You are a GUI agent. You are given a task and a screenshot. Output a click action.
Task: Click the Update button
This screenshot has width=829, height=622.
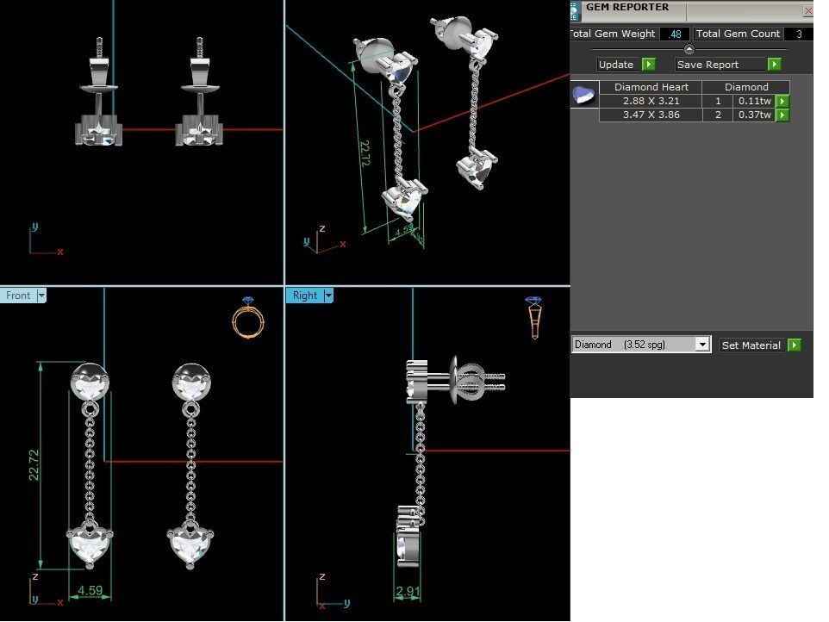626,65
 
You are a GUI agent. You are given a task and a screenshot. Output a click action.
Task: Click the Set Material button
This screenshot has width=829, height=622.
761,345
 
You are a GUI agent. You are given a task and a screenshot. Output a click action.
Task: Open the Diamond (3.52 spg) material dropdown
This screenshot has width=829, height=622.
702,345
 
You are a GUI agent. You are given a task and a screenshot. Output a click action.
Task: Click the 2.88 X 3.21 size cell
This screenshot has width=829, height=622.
651,101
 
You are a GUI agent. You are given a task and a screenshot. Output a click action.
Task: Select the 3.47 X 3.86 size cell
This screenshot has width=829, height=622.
651,115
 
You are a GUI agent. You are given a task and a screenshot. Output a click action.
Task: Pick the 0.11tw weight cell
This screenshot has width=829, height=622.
753,101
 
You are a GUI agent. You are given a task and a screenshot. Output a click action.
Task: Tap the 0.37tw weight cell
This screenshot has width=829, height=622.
753,115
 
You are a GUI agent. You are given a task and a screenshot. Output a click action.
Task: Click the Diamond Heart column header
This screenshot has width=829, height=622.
651,87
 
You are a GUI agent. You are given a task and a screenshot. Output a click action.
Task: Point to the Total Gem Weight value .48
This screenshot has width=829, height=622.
675,34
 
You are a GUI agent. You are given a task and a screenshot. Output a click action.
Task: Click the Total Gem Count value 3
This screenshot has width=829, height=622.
799,34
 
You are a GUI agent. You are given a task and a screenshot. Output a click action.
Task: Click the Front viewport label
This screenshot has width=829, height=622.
18,295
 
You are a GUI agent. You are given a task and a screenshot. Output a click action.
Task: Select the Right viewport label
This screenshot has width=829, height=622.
305,295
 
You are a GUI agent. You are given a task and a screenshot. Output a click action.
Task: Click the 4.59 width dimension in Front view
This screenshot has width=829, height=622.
90,591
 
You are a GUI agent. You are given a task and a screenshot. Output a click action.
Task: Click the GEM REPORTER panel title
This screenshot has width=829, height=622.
626,8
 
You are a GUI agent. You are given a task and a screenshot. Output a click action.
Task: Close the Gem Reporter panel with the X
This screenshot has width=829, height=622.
807,10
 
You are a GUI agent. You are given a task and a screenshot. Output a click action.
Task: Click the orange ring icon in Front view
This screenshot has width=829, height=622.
248,318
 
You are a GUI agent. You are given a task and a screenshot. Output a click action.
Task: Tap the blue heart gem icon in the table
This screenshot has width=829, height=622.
584,94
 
